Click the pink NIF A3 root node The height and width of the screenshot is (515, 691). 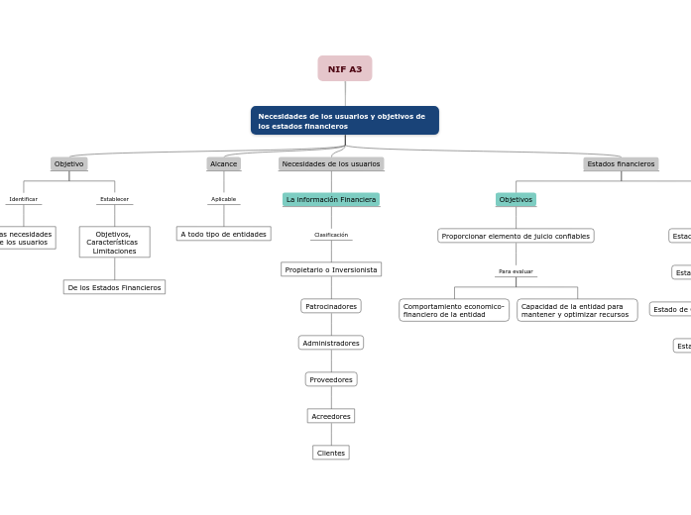(345, 69)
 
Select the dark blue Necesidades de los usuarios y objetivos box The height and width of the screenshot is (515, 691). (344, 121)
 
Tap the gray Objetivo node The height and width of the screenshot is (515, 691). (69, 164)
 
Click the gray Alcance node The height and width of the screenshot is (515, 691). (224, 164)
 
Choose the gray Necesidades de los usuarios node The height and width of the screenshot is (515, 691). (331, 164)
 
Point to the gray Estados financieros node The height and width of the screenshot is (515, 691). (621, 164)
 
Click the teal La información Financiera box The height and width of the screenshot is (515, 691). (331, 200)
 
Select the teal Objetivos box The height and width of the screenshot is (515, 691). (516, 200)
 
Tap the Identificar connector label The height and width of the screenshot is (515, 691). (24, 199)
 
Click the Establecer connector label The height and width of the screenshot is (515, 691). (114, 199)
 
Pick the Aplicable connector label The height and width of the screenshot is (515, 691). (224, 199)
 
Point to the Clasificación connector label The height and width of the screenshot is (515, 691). (331, 235)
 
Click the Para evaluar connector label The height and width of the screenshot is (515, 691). (516, 271)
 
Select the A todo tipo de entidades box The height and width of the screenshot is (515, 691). (224, 235)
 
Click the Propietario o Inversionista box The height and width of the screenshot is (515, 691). (331, 269)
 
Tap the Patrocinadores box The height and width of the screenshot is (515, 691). (331, 306)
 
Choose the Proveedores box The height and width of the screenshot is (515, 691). (331, 379)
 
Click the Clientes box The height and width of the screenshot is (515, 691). (331, 453)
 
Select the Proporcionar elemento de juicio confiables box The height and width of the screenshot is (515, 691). (516, 236)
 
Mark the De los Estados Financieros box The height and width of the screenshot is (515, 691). (114, 287)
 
